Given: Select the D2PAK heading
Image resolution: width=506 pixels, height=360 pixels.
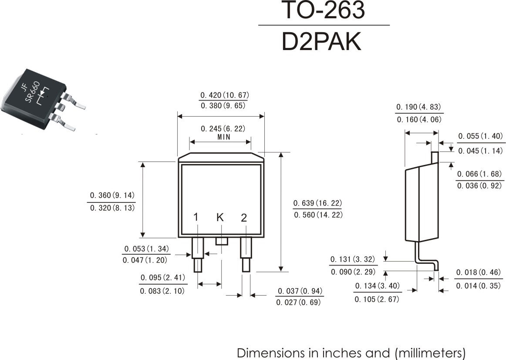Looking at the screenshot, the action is click(321, 42).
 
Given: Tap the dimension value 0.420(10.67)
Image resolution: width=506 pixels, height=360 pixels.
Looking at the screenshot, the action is click(225, 95).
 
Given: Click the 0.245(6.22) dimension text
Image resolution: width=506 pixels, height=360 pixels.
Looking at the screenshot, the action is click(223, 129).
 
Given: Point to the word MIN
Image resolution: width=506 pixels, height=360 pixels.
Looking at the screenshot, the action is click(224, 137).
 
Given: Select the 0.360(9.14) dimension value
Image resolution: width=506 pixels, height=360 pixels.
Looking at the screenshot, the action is click(112, 195).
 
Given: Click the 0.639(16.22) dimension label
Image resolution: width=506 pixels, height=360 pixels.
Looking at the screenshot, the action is click(317, 203).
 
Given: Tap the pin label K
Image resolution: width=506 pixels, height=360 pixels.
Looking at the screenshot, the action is click(220, 217).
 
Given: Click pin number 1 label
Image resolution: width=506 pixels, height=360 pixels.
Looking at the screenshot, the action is click(196, 217).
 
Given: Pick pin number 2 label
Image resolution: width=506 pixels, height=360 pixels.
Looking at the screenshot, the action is click(244, 218).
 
